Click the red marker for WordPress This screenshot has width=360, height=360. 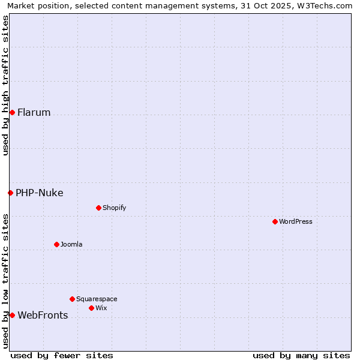(x=275, y=221)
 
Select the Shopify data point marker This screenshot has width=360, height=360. (x=98, y=208)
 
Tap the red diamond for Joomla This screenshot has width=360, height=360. (x=56, y=244)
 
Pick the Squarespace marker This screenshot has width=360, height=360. (x=72, y=299)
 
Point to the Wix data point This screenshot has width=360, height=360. (x=91, y=308)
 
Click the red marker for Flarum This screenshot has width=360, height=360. (x=12, y=112)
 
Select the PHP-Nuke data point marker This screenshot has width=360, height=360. (x=10, y=193)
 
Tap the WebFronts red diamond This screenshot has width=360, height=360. (x=12, y=315)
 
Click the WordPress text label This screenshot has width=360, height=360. (x=296, y=221)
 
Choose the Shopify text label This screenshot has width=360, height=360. (x=114, y=208)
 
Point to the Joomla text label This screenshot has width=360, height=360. (x=71, y=244)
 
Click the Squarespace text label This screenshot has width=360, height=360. (x=97, y=299)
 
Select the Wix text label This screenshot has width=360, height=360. (x=101, y=308)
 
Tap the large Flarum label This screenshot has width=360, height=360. (x=34, y=112)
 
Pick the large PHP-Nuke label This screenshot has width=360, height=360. (x=40, y=193)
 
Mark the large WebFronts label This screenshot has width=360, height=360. (x=43, y=315)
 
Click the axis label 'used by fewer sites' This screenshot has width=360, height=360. (x=62, y=355)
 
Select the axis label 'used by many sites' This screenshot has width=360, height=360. (x=301, y=355)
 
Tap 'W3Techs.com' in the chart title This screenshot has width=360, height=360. (x=328, y=5)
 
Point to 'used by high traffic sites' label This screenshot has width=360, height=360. (x=5, y=86)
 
